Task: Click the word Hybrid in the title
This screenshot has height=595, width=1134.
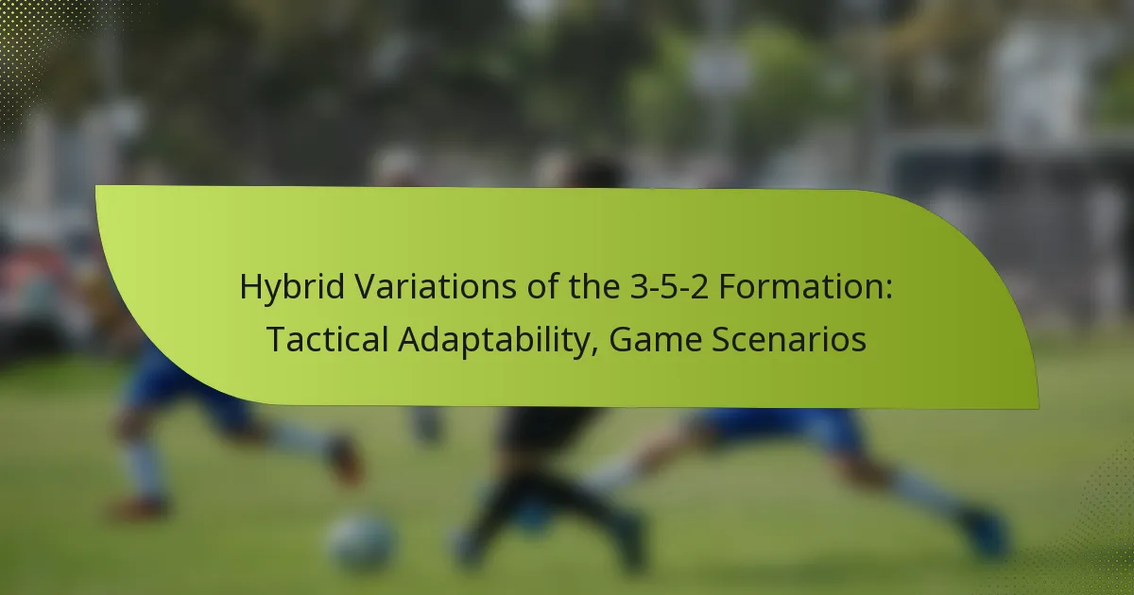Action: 292,287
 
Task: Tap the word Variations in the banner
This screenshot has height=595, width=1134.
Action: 436,286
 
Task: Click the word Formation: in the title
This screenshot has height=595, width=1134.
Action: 805,286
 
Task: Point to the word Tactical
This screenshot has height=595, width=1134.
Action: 328,339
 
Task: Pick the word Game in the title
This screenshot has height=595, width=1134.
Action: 655,339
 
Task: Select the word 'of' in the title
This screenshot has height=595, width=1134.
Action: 542,286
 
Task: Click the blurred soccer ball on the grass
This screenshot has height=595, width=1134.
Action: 361,541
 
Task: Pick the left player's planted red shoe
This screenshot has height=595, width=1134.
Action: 138,507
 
